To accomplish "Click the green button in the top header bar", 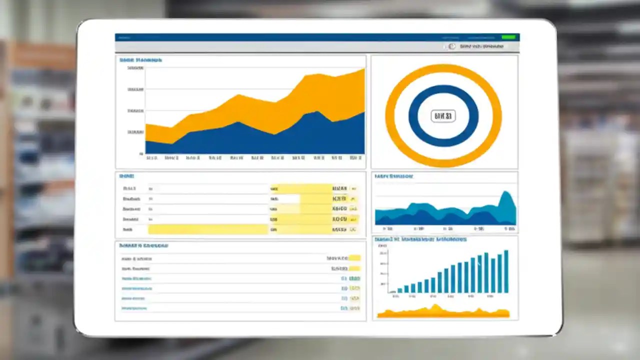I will (x=508, y=37).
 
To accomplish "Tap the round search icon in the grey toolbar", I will (x=451, y=46).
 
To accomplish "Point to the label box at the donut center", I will (x=443, y=116).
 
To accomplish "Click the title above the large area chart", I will (x=140, y=60).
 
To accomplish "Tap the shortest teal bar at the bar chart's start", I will (x=393, y=291).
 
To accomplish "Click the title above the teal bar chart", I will (x=420, y=239).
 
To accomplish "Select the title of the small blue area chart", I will (x=394, y=176).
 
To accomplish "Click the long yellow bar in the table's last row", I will (x=208, y=229).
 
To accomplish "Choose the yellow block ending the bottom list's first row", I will (x=354, y=258).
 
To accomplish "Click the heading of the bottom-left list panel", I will (x=143, y=245).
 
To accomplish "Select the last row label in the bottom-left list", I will (x=134, y=308).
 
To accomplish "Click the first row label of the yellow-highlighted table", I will (x=129, y=188).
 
